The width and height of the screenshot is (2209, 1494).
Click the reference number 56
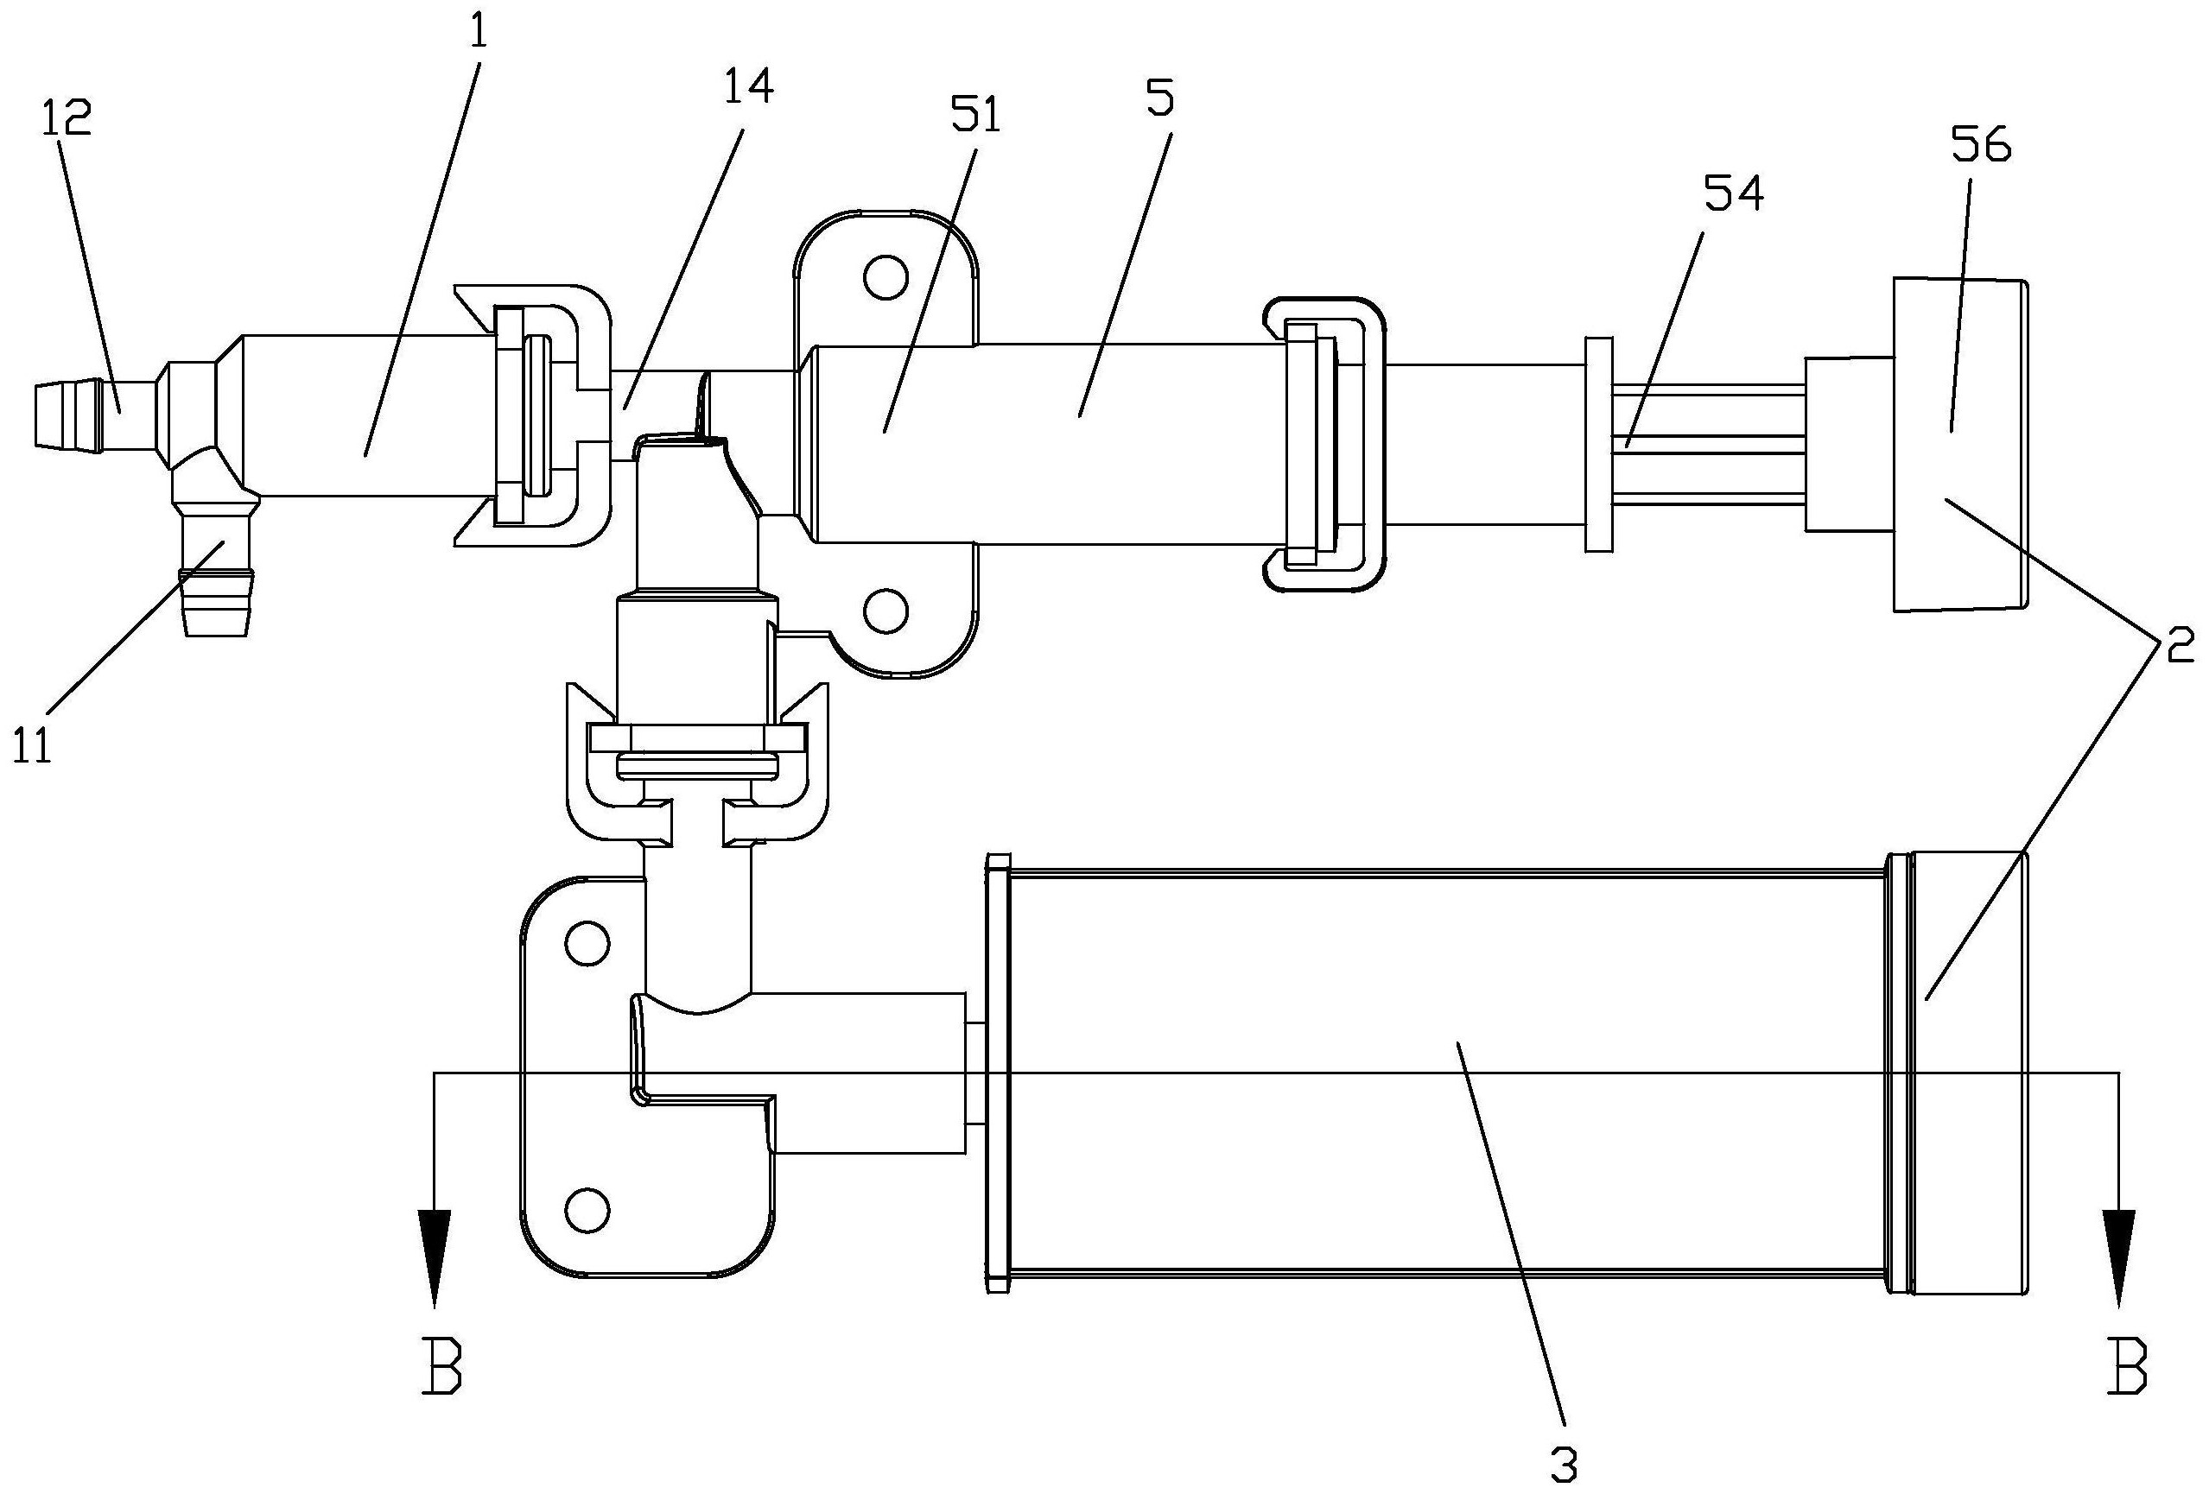coord(1981,148)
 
